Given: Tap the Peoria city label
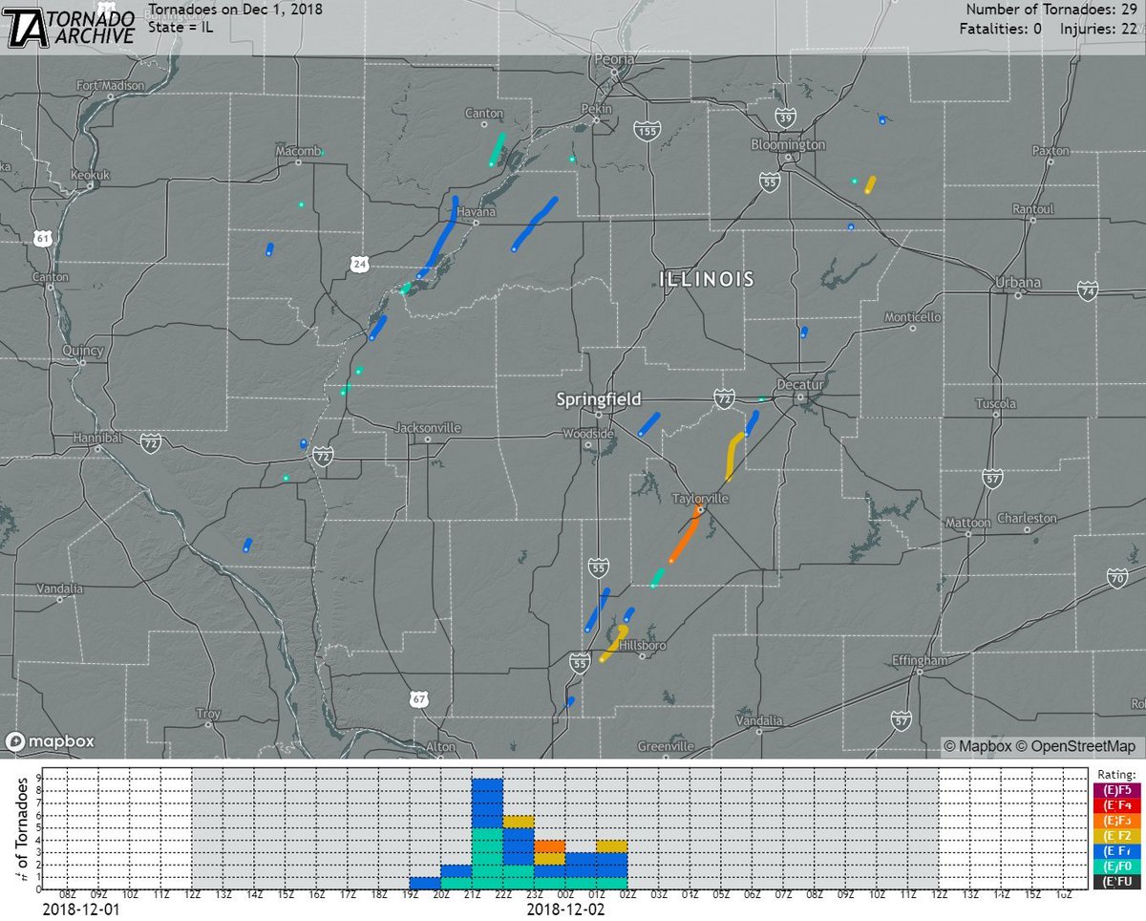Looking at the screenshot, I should pyautogui.click(x=615, y=60).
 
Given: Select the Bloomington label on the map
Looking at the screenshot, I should pyautogui.click(x=788, y=144).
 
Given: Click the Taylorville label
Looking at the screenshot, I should pyautogui.click(x=700, y=500).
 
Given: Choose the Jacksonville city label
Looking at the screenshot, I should pyautogui.click(x=427, y=427).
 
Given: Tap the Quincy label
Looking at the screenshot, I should pyautogui.click(x=82, y=351).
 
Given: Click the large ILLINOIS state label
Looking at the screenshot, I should pyautogui.click(x=707, y=279).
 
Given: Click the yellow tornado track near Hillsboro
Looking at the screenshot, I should pyautogui.click(x=613, y=645).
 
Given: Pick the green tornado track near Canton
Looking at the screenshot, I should pyautogui.click(x=496, y=149).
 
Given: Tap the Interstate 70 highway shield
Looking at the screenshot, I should pyautogui.click(x=1117, y=577).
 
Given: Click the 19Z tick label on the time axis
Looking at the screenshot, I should pyautogui.click(x=411, y=895).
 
